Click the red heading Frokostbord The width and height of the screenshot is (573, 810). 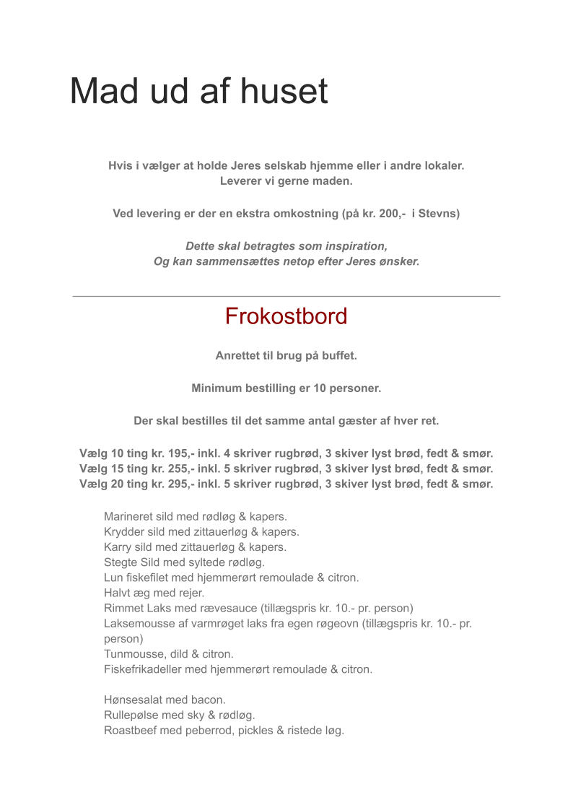point(286,316)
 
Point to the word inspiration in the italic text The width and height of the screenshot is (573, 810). point(356,246)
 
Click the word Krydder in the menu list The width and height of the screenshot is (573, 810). point(124,532)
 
